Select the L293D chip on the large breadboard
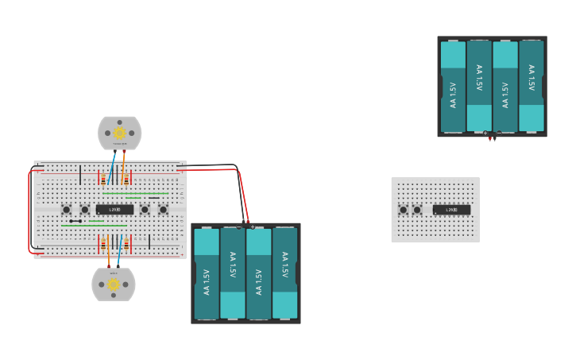click(114, 210)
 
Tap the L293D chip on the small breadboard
click(451, 210)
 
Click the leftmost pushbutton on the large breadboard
click(66, 210)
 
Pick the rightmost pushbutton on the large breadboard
click(163, 210)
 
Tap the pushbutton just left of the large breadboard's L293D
click(84, 210)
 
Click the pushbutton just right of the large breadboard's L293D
click(145, 210)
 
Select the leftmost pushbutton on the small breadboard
click(403, 210)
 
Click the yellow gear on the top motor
click(119, 133)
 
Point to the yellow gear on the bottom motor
click(114, 285)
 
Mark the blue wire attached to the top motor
click(112, 167)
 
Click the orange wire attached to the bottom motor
click(108, 254)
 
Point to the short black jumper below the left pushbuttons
click(76, 221)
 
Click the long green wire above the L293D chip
click(135, 193)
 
